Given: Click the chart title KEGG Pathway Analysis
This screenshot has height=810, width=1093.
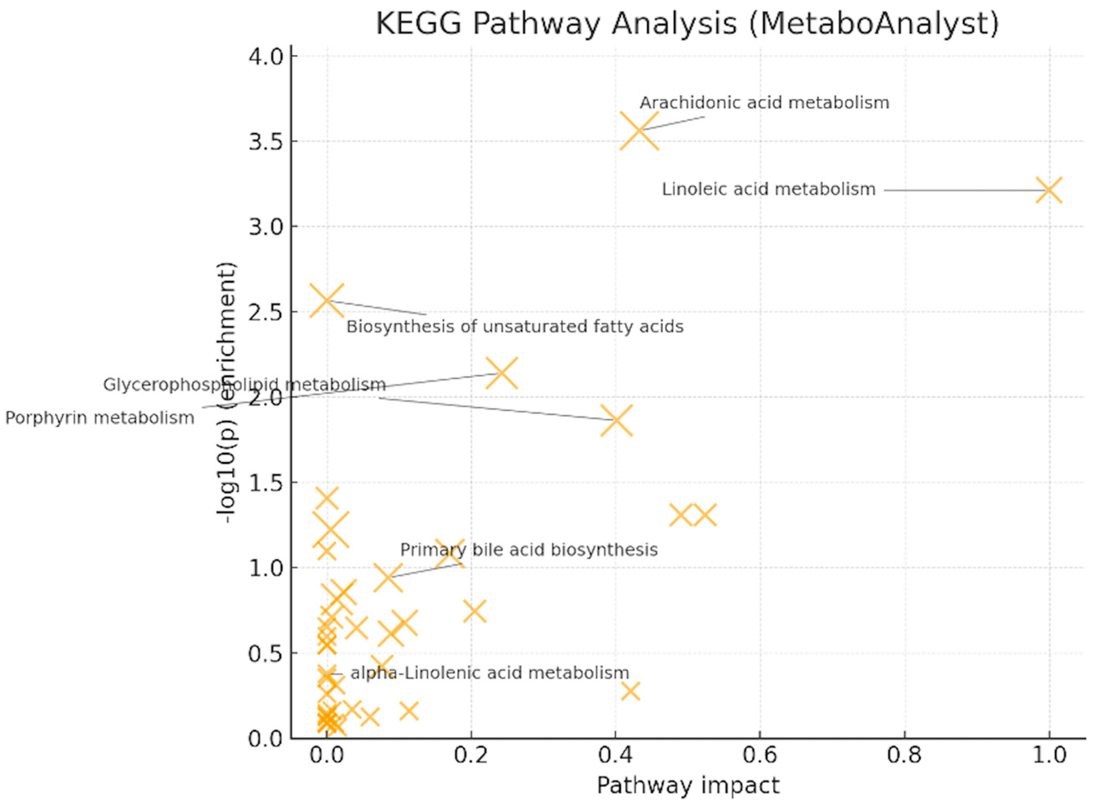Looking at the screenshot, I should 687,24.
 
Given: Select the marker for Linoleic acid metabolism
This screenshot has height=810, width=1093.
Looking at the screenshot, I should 1049,190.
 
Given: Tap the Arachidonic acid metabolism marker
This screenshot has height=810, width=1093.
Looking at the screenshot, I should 639,130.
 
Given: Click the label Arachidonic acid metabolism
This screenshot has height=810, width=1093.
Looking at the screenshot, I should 764,103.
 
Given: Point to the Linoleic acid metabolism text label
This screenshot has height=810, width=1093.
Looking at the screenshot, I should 769,189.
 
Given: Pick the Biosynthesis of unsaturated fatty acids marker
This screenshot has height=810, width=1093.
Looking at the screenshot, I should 326,300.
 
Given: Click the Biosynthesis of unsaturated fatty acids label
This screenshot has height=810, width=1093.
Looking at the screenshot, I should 515,327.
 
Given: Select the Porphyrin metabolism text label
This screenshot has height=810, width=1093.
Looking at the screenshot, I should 100,418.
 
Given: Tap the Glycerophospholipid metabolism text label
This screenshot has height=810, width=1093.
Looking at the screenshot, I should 244,385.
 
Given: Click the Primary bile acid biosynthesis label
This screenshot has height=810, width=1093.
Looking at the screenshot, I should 529,550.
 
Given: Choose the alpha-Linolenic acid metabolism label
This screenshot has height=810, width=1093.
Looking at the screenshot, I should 489,673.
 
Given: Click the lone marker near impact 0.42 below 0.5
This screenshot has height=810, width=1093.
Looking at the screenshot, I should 630,691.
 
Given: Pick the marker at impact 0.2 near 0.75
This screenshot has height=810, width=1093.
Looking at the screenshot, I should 475,611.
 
